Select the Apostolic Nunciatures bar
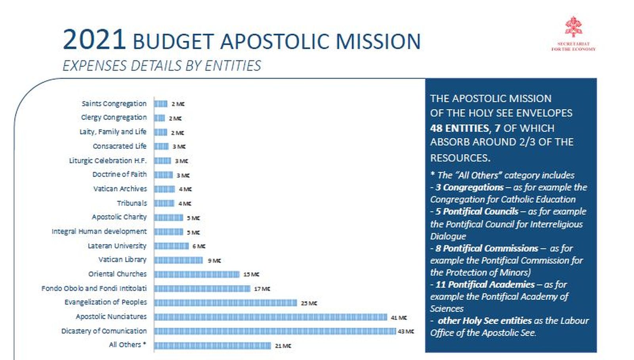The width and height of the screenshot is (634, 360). point(271,317)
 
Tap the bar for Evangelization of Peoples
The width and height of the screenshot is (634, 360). point(225,303)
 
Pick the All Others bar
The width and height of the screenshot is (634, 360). point(212,346)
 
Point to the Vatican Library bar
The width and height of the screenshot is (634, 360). point(178,260)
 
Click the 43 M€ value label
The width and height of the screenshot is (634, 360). point(406,331)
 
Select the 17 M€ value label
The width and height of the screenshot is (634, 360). point(262,289)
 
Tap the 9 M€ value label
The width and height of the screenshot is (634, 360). point(214,260)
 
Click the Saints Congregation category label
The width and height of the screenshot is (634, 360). point(114,103)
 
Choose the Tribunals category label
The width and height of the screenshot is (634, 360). point(132,203)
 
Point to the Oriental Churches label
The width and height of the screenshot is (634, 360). point(117,274)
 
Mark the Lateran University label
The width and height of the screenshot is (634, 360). point(117,246)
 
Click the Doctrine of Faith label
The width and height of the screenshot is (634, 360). point(120,174)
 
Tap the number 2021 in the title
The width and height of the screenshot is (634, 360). point(94,40)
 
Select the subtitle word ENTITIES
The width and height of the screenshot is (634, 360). point(233,66)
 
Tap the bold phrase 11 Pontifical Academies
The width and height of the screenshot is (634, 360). point(485,284)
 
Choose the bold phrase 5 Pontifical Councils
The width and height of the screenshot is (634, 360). point(477,212)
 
